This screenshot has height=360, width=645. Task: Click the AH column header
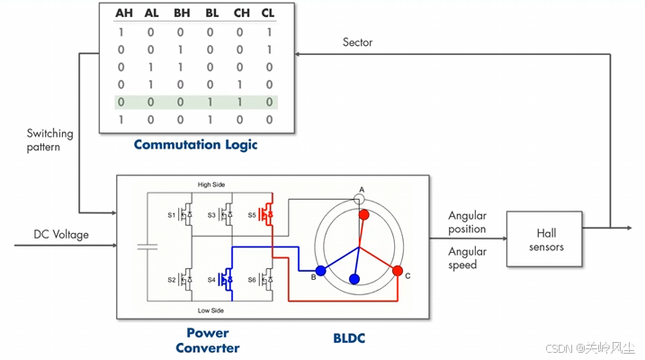click(124, 13)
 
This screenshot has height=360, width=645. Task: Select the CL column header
click(268, 13)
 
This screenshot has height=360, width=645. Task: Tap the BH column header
click(182, 13)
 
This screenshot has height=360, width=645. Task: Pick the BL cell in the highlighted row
click(211, 102)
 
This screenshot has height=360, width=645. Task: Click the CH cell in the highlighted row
click(240, 102)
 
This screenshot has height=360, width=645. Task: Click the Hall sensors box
click(544, 239)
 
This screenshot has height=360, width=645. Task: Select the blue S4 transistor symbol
click(226, 280)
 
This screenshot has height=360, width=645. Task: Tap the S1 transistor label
click(171, 215)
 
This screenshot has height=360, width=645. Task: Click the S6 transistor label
click(252, 280)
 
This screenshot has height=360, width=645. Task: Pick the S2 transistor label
click(172, 280)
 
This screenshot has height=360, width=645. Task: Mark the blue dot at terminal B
click(321, 270)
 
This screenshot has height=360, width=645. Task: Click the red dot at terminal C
click(398, 270)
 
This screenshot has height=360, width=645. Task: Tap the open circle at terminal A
click(359, 200)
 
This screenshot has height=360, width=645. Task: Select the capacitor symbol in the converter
click(148, 247)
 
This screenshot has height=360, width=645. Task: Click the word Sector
click(357, 42)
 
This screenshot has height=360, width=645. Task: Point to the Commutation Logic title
click(196, 145)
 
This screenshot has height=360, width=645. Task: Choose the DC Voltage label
click(61, 235)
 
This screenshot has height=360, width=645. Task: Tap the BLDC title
click(349, 338)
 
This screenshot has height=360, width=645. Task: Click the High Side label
click(211, 184)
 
